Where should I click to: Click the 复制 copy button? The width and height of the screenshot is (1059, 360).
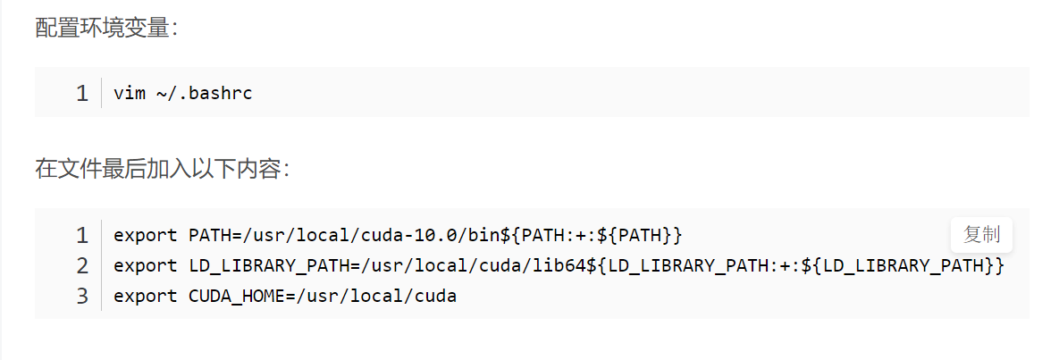pos(981,236)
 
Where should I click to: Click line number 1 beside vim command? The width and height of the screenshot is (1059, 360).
pos(82,93)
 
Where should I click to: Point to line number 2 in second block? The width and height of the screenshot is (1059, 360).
pos(82,266)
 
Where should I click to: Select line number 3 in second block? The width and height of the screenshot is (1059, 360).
pos(82,297)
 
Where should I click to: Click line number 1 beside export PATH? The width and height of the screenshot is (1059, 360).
pos(82,236)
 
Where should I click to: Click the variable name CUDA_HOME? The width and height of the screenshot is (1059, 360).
pos(236,296)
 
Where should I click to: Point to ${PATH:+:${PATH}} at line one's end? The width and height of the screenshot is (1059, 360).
pos(591,235)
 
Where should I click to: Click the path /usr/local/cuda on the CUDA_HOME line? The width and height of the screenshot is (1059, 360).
pos(376,296)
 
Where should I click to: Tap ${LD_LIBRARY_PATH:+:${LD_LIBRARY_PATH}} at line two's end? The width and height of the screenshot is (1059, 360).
pos(795,265)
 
